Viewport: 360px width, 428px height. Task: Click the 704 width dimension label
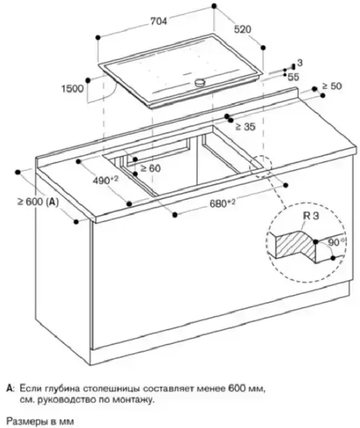tap(159, 21)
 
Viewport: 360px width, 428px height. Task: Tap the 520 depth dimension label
tap(242, 29)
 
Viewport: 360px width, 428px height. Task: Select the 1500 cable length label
tap(72, 89)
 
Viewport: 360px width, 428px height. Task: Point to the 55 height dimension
tap(294, 77)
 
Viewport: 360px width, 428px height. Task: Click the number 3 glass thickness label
tap(300, 63)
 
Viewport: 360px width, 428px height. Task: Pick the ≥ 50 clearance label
tap(332, 86)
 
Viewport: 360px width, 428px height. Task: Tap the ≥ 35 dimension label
tap(245, 126)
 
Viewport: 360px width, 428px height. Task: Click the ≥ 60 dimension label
tap(150, 169)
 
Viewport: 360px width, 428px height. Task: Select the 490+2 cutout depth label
tap(105, 180)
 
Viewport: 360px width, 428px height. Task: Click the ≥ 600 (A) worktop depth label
tap(38, 202)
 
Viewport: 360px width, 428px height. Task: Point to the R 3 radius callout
tap(311, 216)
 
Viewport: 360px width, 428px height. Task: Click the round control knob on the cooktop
tap(201, 82)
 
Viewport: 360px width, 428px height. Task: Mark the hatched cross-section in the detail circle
tap(296, 246)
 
